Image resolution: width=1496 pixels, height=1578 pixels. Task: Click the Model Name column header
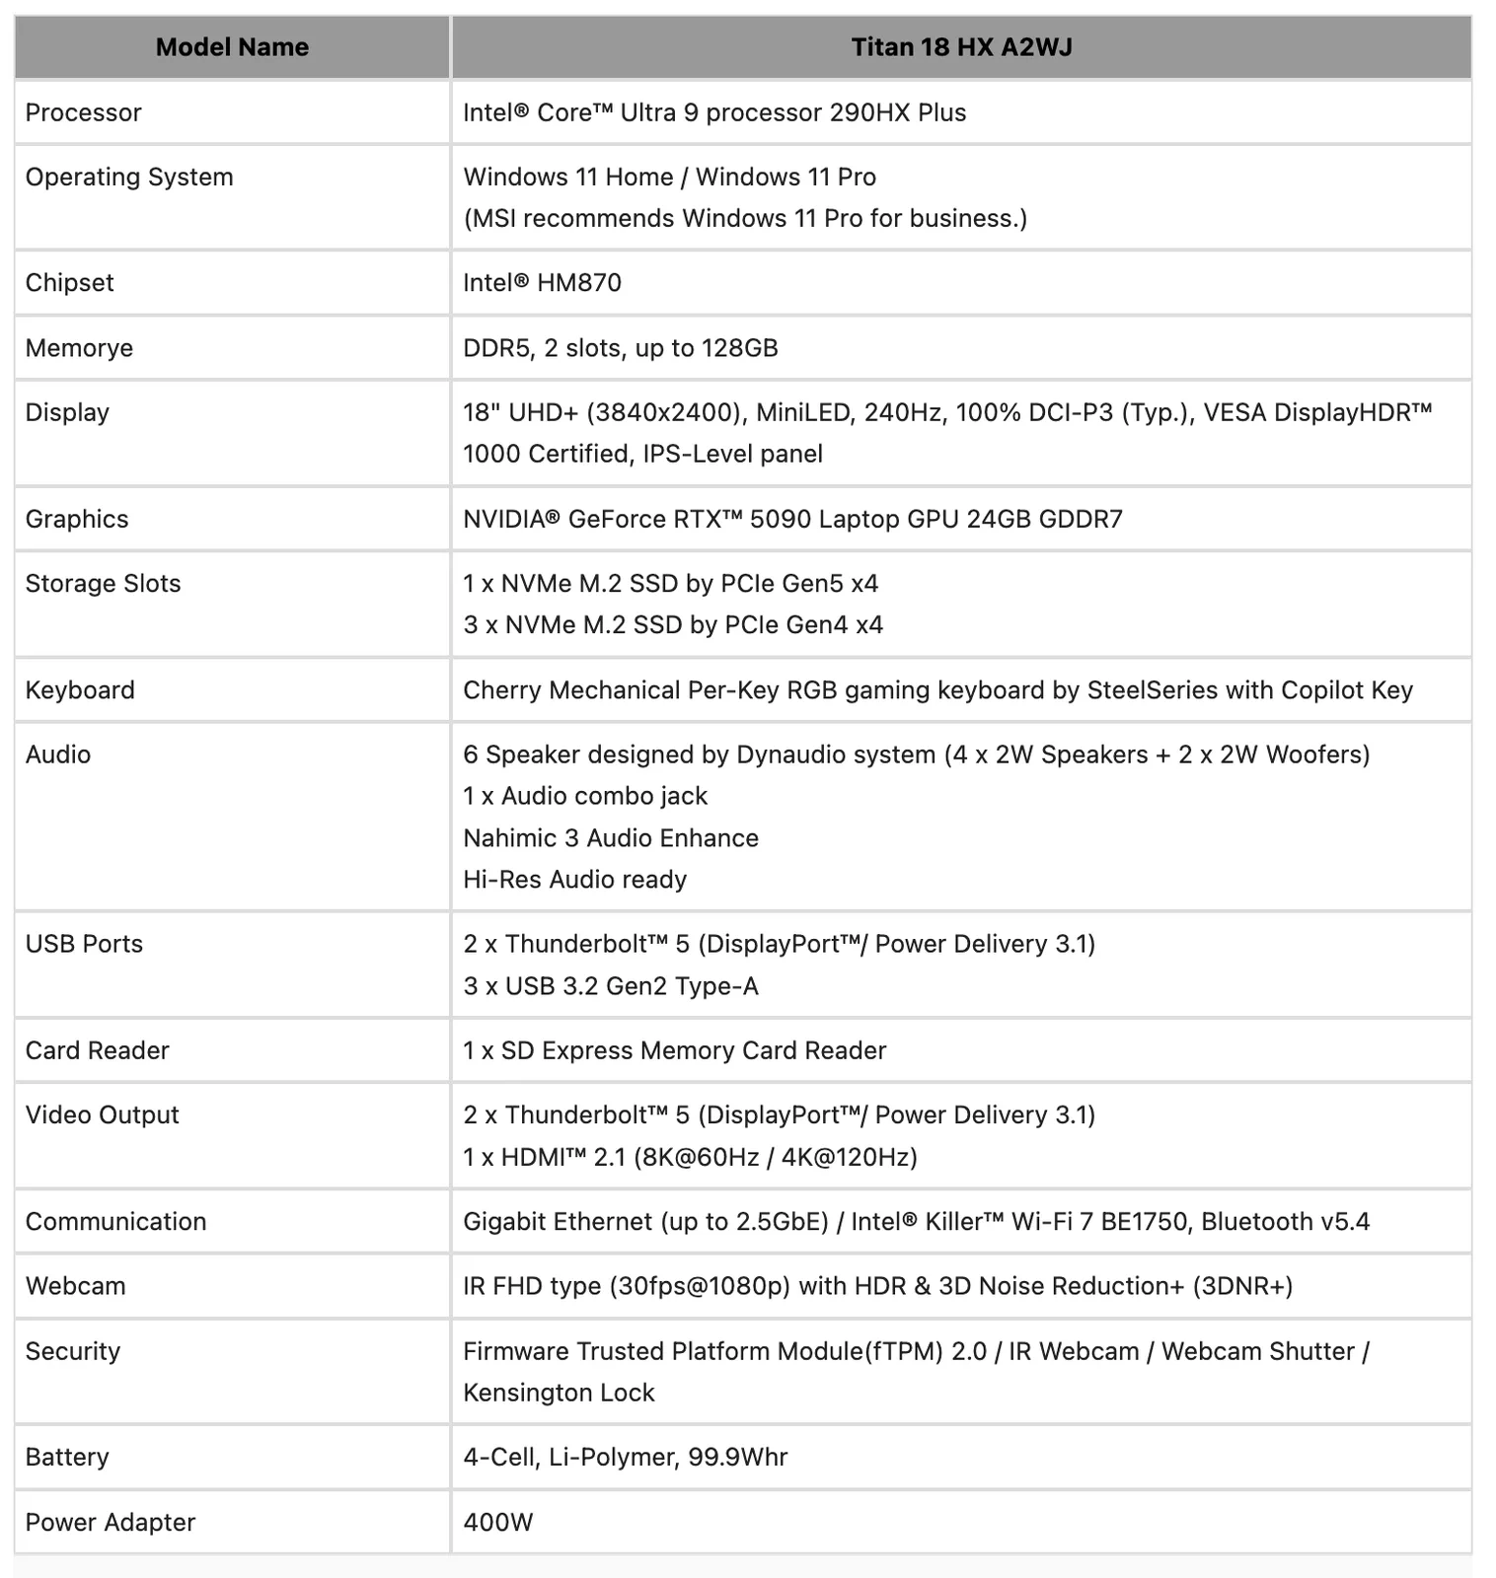pyautogui.click(x=232, y=47)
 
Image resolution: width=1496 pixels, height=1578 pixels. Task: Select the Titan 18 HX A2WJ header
pyautogui.click(x=961, y=47)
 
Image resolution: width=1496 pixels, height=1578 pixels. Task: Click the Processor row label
pyautogui.click(x=83, y=112)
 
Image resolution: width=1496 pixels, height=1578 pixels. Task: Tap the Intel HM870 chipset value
pyautogui.click(x=542, y=283)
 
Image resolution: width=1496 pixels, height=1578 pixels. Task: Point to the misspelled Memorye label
pyautogui.click(x=79, y=348)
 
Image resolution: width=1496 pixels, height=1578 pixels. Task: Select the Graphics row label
pyautogui.click(x=77, y=519)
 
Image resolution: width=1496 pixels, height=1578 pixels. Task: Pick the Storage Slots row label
pyautogui.click(x=103, y=584)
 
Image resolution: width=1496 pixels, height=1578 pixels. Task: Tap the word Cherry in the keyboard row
pyautogui.click(x=502, y=690)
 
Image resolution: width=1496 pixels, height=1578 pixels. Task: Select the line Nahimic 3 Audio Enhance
pyautogui.click(x=611, y=838)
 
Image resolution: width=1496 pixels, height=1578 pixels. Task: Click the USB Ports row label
pyautogui.click(x=84, y=945)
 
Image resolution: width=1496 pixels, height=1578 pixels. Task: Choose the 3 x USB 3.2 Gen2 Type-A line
pyautogui.click(x=611, y=986)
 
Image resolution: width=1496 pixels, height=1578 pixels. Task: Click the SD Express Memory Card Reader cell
pyautogui.click(x=675, y=1050)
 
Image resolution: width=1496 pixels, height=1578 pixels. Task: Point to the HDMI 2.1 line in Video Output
pyautogui.click(x=690, y=1157)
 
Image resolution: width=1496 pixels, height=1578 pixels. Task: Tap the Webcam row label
pyautogui.click(x=75, y=1286)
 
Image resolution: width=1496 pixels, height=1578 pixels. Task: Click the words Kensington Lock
pyautogui.click(x=559, y=1393)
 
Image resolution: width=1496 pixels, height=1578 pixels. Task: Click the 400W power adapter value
pyautogui.click(x=497, y=1522)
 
